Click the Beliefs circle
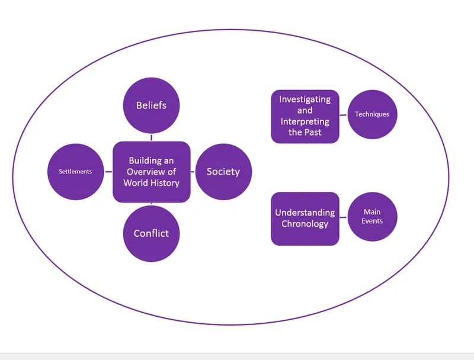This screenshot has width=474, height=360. click(x=151, y=105)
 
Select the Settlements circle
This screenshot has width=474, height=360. click(x=75, y=172)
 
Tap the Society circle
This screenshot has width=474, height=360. click(x=223, y=172)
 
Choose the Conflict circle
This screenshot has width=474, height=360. click(x=151, y=233)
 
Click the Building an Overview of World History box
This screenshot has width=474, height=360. click(x=151, y=172)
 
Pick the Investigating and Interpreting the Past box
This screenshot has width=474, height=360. click(x=305, y=116)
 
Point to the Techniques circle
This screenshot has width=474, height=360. click(x=372, y=114)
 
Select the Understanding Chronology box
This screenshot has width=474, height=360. click(x=305, y=218)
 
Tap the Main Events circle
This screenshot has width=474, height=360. click(x=372, y=217)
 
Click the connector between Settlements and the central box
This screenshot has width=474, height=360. click(x=108, y=172)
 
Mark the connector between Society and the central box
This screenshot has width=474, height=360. click(x=193, y=172)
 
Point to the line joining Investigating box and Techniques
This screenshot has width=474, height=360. click(x=343, y=114)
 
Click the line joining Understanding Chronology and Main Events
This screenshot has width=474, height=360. click(x=343, y=217)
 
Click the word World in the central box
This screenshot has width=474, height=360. click(x=135, y=183)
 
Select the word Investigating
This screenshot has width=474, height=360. click(x=305, y=99)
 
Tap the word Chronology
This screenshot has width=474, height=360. click(x=305, y=224)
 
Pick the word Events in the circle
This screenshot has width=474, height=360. click(x=372, y=221)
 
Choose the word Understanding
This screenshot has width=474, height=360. click(x=305, y=213)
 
